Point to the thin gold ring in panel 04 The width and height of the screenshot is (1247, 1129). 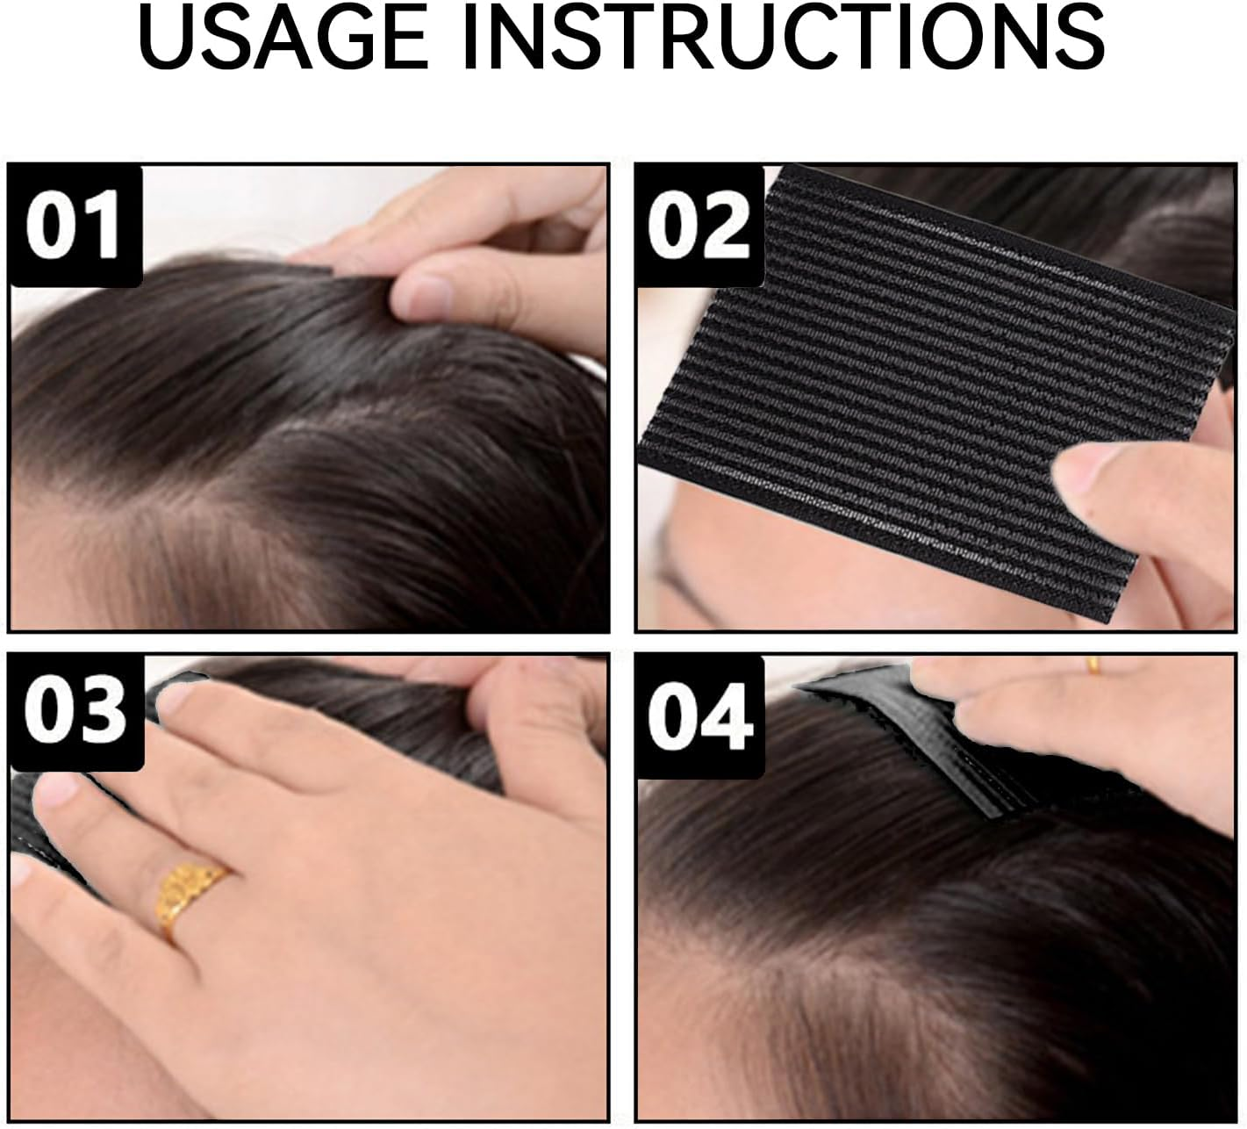(1094, 665)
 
